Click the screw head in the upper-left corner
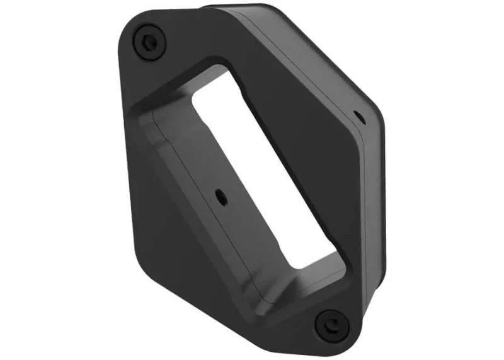[x=149, y=42]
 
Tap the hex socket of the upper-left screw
[x=149, y=42]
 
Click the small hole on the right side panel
[x=357, y=116]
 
